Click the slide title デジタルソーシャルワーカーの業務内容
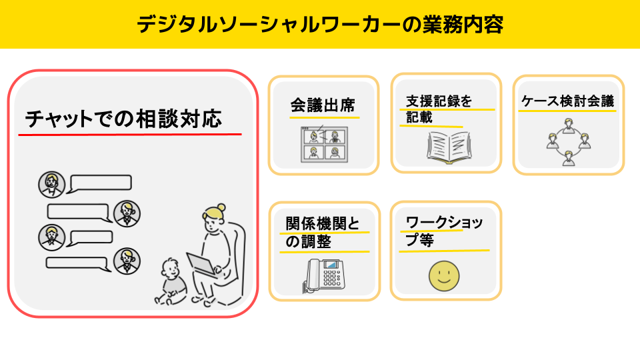[320, 24]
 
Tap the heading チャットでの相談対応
[123, 119]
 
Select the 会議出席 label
[323, 105]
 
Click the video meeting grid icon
[324, 144]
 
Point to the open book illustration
[449, 147]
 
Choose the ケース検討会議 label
[568, 101]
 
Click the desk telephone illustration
[324, 275]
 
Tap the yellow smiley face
[444, 276]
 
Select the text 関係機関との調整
[323, 233]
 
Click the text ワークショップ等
[444, 231]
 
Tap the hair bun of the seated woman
[221, 207]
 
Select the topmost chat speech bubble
[100, 184]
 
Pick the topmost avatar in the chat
[52, 185]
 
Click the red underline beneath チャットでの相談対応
[130, 134]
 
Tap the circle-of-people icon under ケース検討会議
[569, 142]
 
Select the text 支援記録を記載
[439, 109]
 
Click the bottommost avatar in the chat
[127, 261]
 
